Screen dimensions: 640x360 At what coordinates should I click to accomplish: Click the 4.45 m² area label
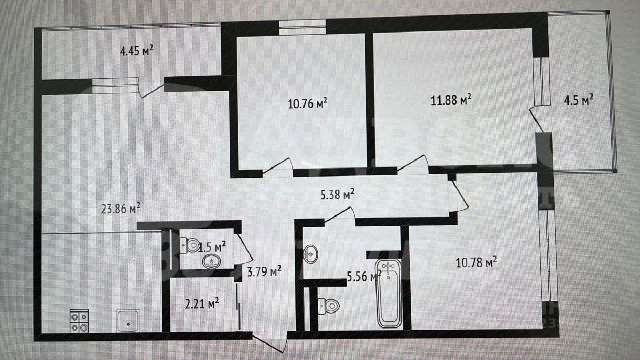(137, 51)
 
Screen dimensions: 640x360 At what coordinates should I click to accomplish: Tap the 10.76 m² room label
(307, 102)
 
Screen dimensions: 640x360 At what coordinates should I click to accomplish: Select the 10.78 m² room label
(476, 261)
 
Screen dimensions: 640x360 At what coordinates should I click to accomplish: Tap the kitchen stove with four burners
(79, 321)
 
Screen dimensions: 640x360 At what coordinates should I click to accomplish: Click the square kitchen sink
(129, 322)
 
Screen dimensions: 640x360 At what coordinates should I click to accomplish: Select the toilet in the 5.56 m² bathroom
(328, 305)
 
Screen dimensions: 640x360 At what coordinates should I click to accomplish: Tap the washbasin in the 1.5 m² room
(212, 261)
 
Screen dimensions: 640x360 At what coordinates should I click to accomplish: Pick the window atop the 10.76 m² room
(302, 27)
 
